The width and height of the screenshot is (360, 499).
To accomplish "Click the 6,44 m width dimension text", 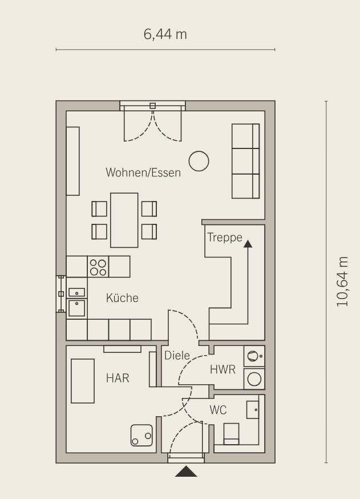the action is [x=165, y=34].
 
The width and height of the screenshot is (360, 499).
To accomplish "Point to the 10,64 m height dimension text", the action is [x=342, y=281].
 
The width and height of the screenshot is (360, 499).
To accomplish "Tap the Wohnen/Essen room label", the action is [x=143, y=172].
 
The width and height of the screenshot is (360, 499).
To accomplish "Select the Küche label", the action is [x=122, y=298].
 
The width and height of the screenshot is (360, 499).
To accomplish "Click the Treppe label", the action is [x=225, y=238].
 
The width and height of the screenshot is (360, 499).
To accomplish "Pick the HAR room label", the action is [x=118, y=378].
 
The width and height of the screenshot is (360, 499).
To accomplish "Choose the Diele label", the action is [x=177, y=356].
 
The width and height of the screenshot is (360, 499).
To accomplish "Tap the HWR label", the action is [x=223, y=369].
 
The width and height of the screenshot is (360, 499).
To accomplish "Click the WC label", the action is [x=218, y=410].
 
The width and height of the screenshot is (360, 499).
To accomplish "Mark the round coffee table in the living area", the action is [x=199, y=161].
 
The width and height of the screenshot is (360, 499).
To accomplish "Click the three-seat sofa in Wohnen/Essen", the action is [x=245, y=161].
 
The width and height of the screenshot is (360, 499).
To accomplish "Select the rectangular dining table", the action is [x=124, y=220].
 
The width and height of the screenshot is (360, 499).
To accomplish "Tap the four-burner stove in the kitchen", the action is [x=98, y=267].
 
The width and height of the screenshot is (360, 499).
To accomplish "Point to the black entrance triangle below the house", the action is [x=186, y=472].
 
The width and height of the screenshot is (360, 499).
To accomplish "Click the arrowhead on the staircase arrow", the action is [x=248, y=244].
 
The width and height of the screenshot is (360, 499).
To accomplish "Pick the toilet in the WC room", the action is [x=231, y=433].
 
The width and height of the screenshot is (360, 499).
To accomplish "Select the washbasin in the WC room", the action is [x=253, y=409].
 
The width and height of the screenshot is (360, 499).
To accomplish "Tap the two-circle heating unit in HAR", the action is [x=141, y=435].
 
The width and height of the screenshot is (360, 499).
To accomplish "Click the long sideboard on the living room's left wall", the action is [x=73, y=161].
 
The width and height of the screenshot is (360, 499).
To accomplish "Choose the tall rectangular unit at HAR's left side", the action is [x=83, y=381].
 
